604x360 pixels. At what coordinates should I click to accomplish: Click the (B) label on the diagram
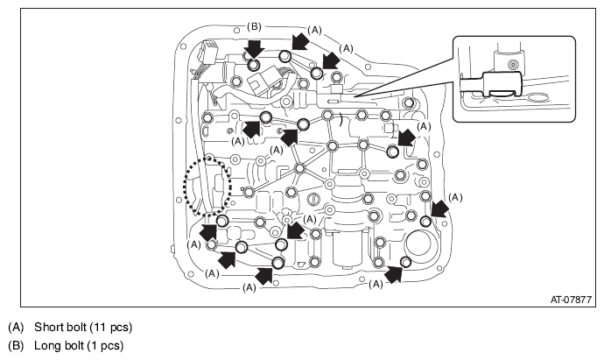[254, 26]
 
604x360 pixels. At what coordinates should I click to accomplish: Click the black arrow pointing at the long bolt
[254, 49]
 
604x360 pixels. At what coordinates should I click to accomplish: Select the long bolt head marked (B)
[253, 64]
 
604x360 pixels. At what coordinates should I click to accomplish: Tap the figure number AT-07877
[571, 300]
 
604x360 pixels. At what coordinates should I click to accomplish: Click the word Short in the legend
[46, 327]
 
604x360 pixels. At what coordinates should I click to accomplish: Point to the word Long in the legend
[45, 345]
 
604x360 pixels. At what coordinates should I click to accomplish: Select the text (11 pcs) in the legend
[111, 328]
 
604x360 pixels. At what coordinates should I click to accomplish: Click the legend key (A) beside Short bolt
[16, 328]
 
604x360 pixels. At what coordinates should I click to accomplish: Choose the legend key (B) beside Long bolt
[16, 345]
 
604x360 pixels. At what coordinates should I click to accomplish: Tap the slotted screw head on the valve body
[313, 200]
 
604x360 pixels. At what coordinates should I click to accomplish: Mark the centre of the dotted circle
[208, 186]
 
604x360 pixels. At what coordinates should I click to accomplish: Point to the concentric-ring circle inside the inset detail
[512, 64]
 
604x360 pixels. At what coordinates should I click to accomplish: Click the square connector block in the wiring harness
[264, 81]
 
